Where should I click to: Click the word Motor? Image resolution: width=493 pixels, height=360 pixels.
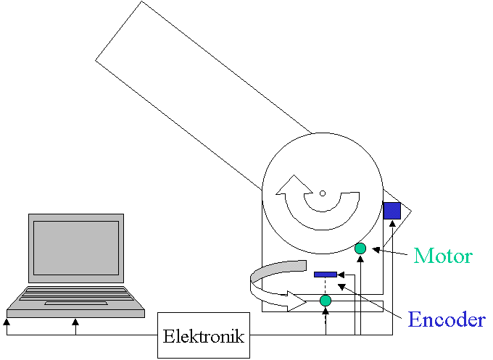point(443,256)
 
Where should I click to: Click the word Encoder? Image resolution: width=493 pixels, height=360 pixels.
point(446,319)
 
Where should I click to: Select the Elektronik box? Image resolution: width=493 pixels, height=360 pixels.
point(204,336)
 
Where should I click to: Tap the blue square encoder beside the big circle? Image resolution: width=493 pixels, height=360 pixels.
point(391,210)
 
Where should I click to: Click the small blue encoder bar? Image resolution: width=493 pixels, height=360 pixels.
point(325,275)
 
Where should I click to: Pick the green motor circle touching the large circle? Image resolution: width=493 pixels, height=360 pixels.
point(360,248)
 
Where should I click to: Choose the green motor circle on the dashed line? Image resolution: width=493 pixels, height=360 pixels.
point(326,300)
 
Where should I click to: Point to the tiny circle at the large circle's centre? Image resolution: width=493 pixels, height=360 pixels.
point(323,193)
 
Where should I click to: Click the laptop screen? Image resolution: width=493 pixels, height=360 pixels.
point(75,246)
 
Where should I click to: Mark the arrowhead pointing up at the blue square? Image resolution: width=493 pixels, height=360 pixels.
point(392,223)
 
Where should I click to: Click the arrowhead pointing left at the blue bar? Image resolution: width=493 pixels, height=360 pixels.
point(341,275)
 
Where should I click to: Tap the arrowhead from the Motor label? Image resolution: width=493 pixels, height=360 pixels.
point(375,250)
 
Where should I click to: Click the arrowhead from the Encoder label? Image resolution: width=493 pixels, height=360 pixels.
point(341,286)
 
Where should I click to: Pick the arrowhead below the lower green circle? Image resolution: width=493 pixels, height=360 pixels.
point(326,311)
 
